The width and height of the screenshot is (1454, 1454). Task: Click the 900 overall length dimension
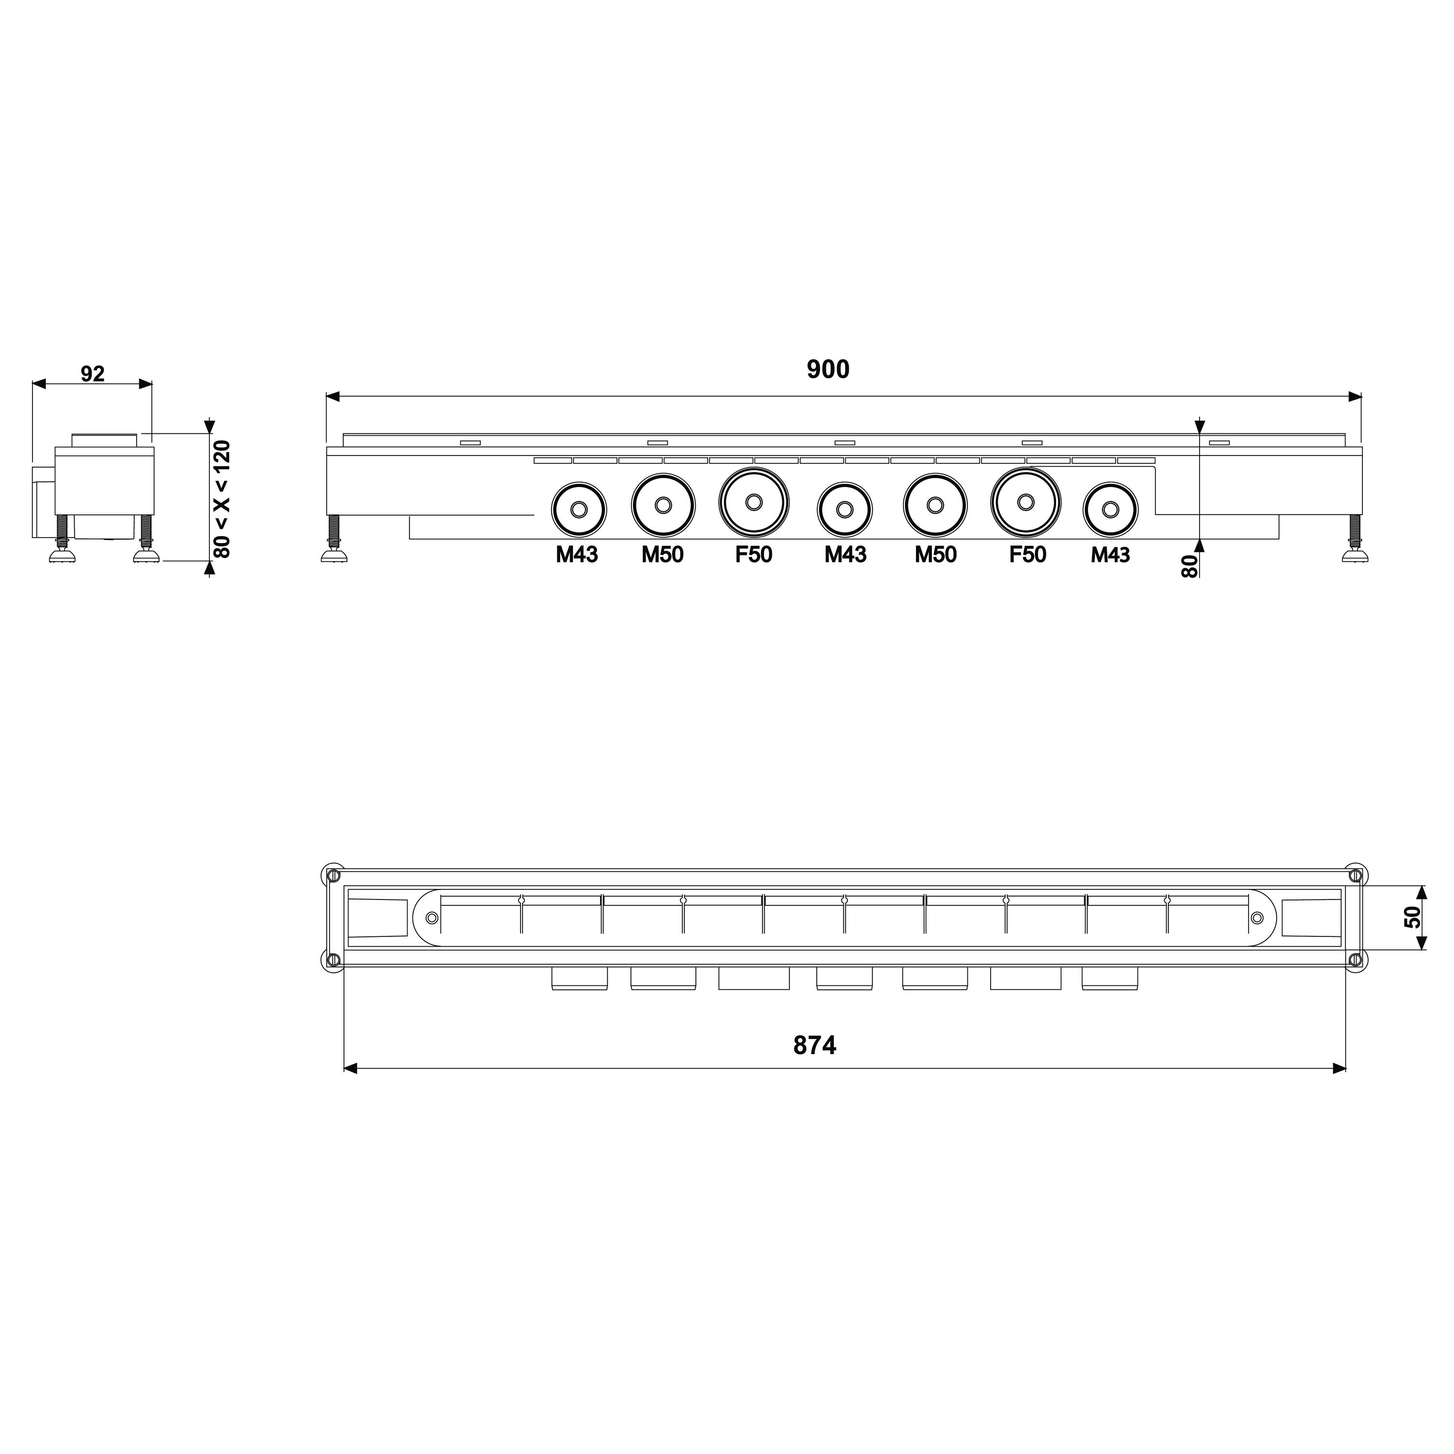click(828, 369)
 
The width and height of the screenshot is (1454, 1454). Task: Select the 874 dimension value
click(815, 1045)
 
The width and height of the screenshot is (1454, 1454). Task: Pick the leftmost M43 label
click(577, 554)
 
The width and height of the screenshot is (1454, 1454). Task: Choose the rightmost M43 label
click(1111, 554)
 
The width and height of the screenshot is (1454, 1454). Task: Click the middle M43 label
click(845, 554)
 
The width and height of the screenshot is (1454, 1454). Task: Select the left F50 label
click(753, 554)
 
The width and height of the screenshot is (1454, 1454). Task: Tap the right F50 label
click(1027, 554)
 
